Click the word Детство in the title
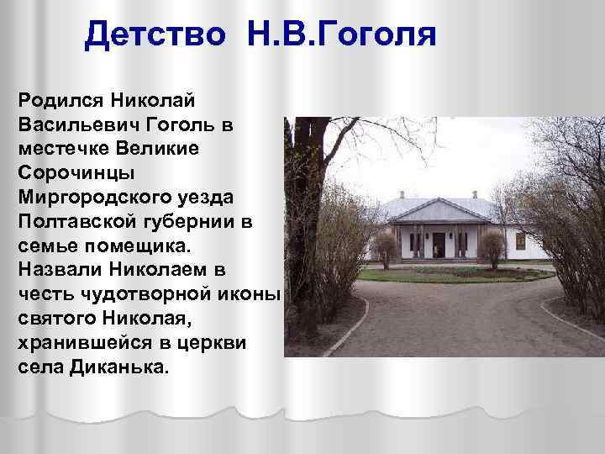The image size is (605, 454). pos(155,35)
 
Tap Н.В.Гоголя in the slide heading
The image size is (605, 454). pos(341,35)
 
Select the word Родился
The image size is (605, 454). pos(56,100)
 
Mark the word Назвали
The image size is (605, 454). pos(55,272)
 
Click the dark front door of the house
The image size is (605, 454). pos(439,245)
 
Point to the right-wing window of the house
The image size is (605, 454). pos(520,241)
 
